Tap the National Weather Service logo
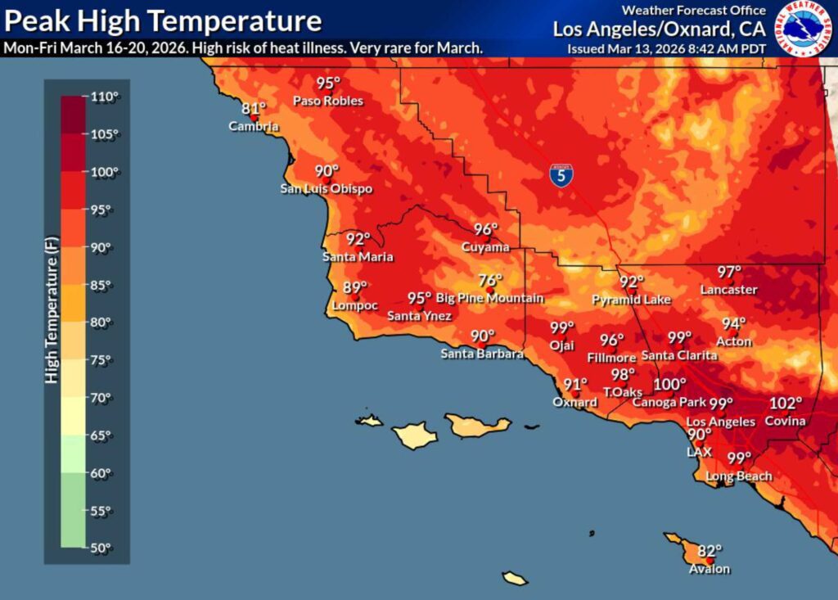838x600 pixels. (802, 29)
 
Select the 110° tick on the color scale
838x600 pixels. (104, 97)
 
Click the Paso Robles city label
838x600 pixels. (328, 101)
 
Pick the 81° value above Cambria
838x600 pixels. (254, 109)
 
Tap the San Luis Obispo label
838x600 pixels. (327, 189)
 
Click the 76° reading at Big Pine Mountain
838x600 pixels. (489, 281)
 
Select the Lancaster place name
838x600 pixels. (728, 290)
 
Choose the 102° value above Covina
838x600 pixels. (786, 404)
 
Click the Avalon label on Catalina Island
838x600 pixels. (710, 569)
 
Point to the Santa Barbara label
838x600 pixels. (482, 354)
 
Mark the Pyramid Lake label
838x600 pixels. (631, 300)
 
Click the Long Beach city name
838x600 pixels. (739, 476)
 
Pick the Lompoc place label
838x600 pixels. (355, 305)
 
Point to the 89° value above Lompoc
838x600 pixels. (354, 287)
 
